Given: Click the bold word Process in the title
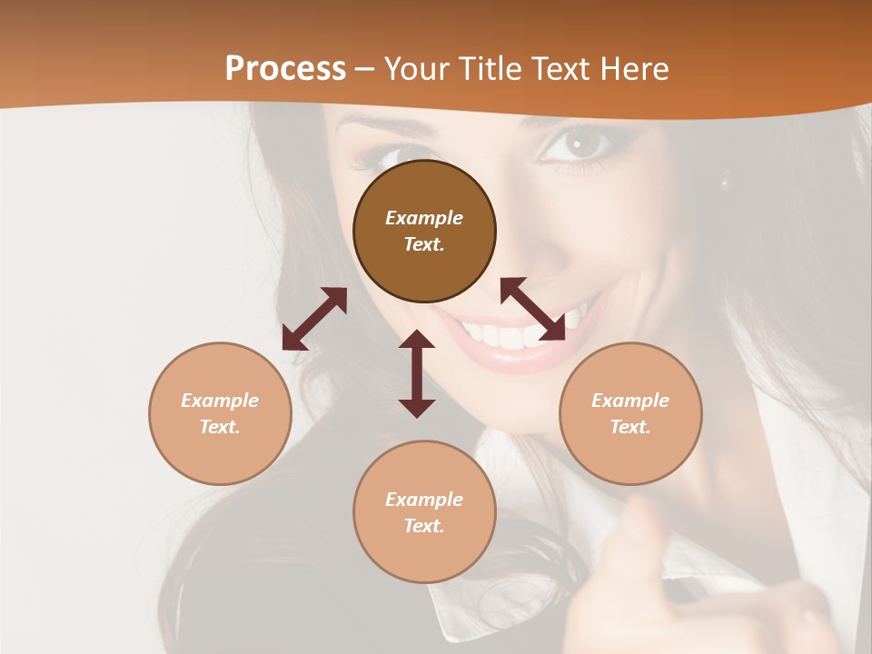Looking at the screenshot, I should (285, 69).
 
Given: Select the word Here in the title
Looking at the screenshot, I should (634, 69).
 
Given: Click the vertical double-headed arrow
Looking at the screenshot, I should (417, 373).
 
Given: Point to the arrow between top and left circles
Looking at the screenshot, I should (314, 319).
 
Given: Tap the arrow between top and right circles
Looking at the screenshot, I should (532, 309).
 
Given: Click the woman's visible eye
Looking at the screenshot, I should (580, 144).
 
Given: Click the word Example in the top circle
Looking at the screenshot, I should (424, 218).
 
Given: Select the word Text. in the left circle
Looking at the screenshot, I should (220, 427).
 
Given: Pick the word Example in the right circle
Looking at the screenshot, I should (630, 401).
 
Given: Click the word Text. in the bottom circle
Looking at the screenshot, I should (424, 526).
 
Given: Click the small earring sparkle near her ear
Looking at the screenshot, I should (724, 183).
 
